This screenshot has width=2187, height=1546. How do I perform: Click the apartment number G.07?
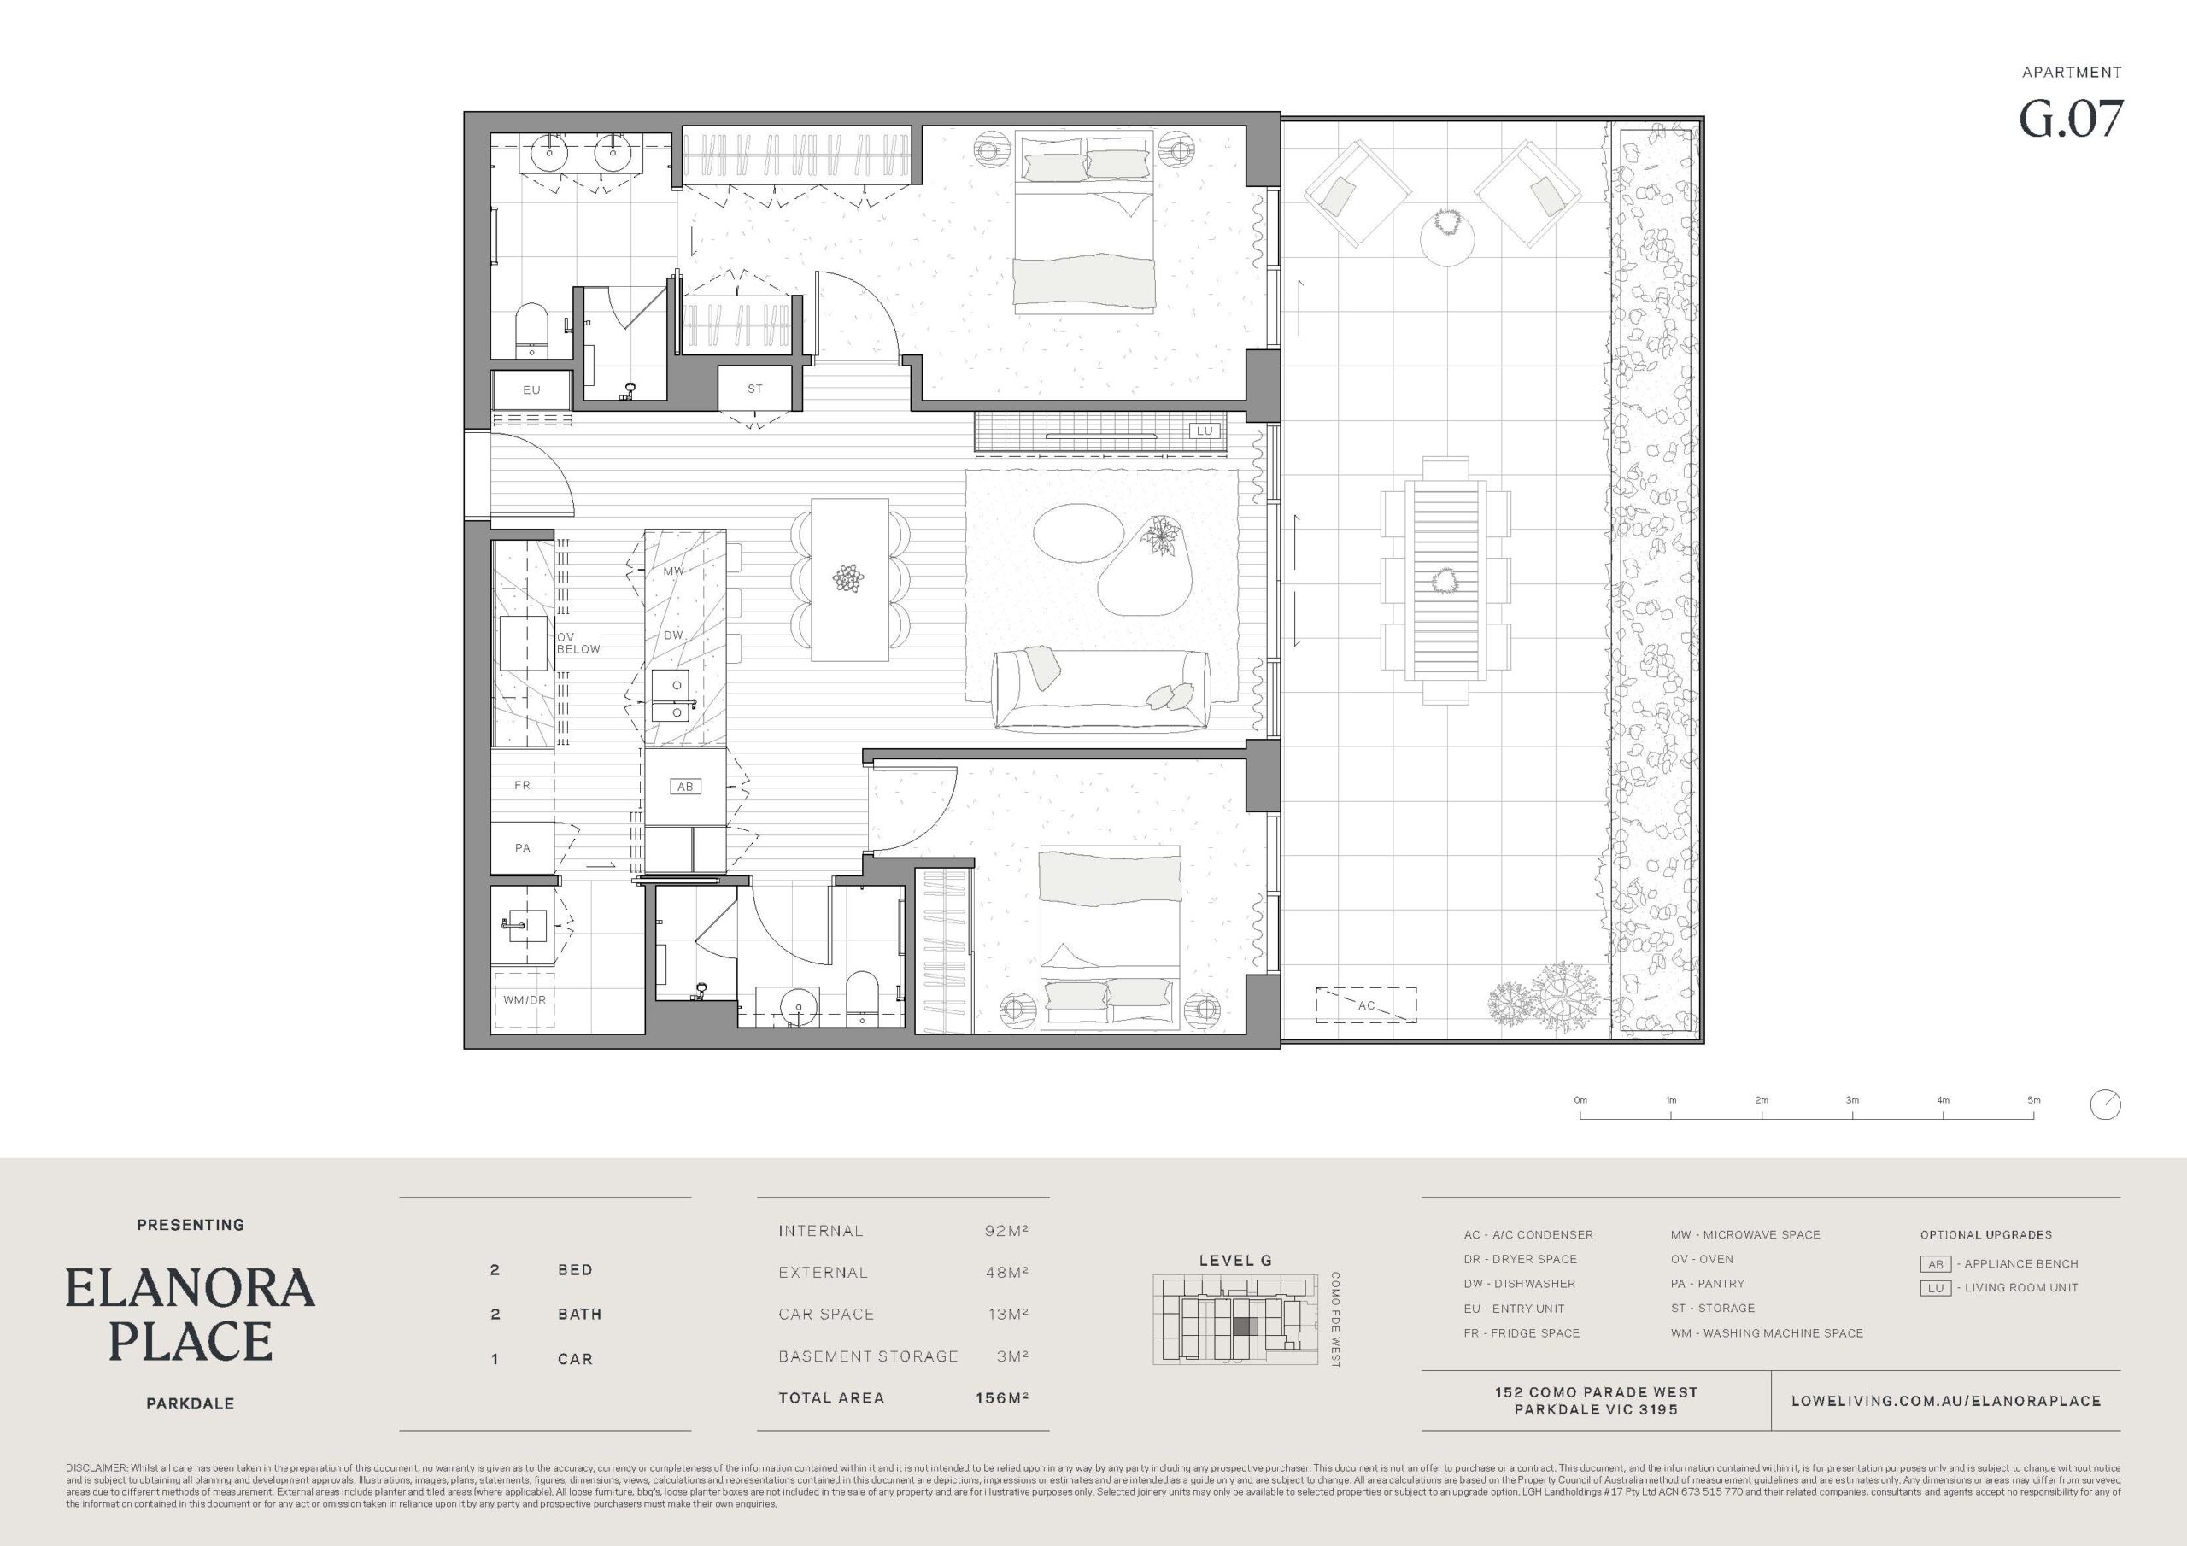2071,119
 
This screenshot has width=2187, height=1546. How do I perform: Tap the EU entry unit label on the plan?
531,389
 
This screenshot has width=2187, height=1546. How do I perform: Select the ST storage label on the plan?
754,389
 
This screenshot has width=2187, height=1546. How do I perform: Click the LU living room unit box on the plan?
1204,430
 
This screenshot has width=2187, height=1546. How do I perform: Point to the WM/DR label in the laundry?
525,999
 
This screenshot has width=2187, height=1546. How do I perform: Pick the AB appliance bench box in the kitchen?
685,786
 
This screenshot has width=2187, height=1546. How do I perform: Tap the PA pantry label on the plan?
522,848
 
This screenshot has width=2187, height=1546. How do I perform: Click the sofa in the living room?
1101,691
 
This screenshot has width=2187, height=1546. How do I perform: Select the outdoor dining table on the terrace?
1445,579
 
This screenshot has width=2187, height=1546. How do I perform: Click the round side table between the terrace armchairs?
1448,239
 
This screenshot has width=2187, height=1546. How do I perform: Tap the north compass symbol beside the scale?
2105,1104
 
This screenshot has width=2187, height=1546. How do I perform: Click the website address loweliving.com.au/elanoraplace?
1946,1400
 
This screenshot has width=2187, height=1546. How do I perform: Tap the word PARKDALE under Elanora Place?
191,1403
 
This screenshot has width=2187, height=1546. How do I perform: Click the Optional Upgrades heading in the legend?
1986,1234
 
